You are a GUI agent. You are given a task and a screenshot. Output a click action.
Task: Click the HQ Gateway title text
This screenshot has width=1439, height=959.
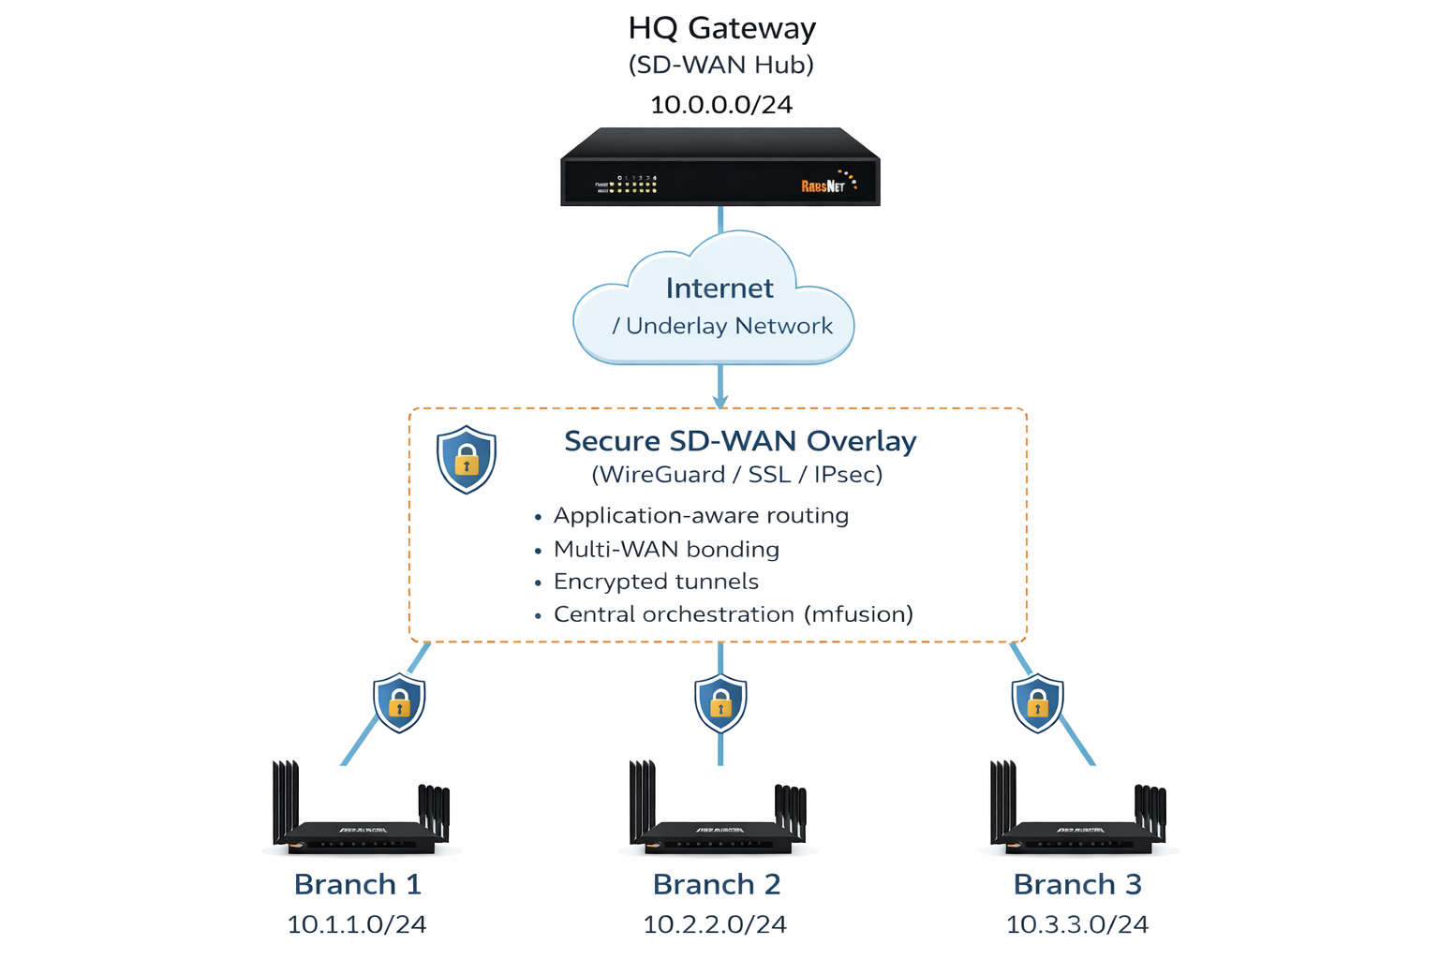pos(721,28)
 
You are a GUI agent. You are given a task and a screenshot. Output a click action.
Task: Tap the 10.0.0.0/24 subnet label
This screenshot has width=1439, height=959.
pos(721,105)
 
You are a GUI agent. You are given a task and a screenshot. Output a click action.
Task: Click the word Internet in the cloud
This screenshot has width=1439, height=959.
pos(719,288)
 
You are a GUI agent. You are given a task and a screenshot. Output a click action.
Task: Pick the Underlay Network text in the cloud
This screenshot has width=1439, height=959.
pos(729,326)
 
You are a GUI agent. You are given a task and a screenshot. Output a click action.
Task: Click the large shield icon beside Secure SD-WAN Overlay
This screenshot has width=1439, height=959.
pos(467,459)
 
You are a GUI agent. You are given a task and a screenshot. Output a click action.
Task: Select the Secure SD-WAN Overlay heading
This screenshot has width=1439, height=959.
pos(740,441)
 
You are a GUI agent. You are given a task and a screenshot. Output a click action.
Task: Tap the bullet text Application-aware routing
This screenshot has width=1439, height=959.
pos(701,516)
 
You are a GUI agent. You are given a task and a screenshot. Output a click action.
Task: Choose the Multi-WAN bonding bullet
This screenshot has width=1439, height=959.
pos(666,550)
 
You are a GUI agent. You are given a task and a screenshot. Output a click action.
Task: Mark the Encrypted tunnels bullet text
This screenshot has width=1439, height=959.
pos(656,582)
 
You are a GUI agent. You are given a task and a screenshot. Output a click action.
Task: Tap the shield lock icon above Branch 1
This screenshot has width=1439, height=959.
pos(399,702)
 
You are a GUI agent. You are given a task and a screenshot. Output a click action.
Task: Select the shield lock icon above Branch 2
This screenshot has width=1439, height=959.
pos(720,702)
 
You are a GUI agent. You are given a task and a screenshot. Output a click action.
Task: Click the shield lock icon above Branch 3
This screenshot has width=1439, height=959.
pos(1037,702)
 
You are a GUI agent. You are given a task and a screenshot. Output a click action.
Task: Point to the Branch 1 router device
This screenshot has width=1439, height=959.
pos(361,824)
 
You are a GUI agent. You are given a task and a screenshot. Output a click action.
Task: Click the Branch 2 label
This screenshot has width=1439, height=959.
pos(717,884)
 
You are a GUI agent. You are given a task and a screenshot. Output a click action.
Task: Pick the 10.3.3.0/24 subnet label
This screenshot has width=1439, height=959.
pos(1076,925)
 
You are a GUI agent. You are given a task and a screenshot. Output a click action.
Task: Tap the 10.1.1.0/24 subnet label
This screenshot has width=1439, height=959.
pos(357,925)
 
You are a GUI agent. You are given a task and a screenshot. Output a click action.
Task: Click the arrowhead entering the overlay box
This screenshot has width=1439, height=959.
pos(720,401)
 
